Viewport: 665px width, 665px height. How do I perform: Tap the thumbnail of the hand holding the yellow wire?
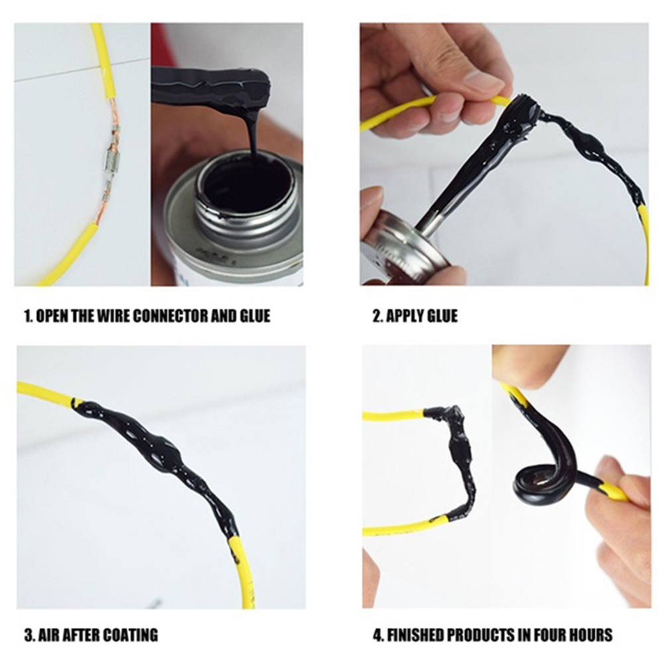click(484, 79)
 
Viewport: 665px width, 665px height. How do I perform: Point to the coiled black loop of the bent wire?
click(535, 479)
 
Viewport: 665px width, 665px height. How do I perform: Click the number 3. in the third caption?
click(29, 635)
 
